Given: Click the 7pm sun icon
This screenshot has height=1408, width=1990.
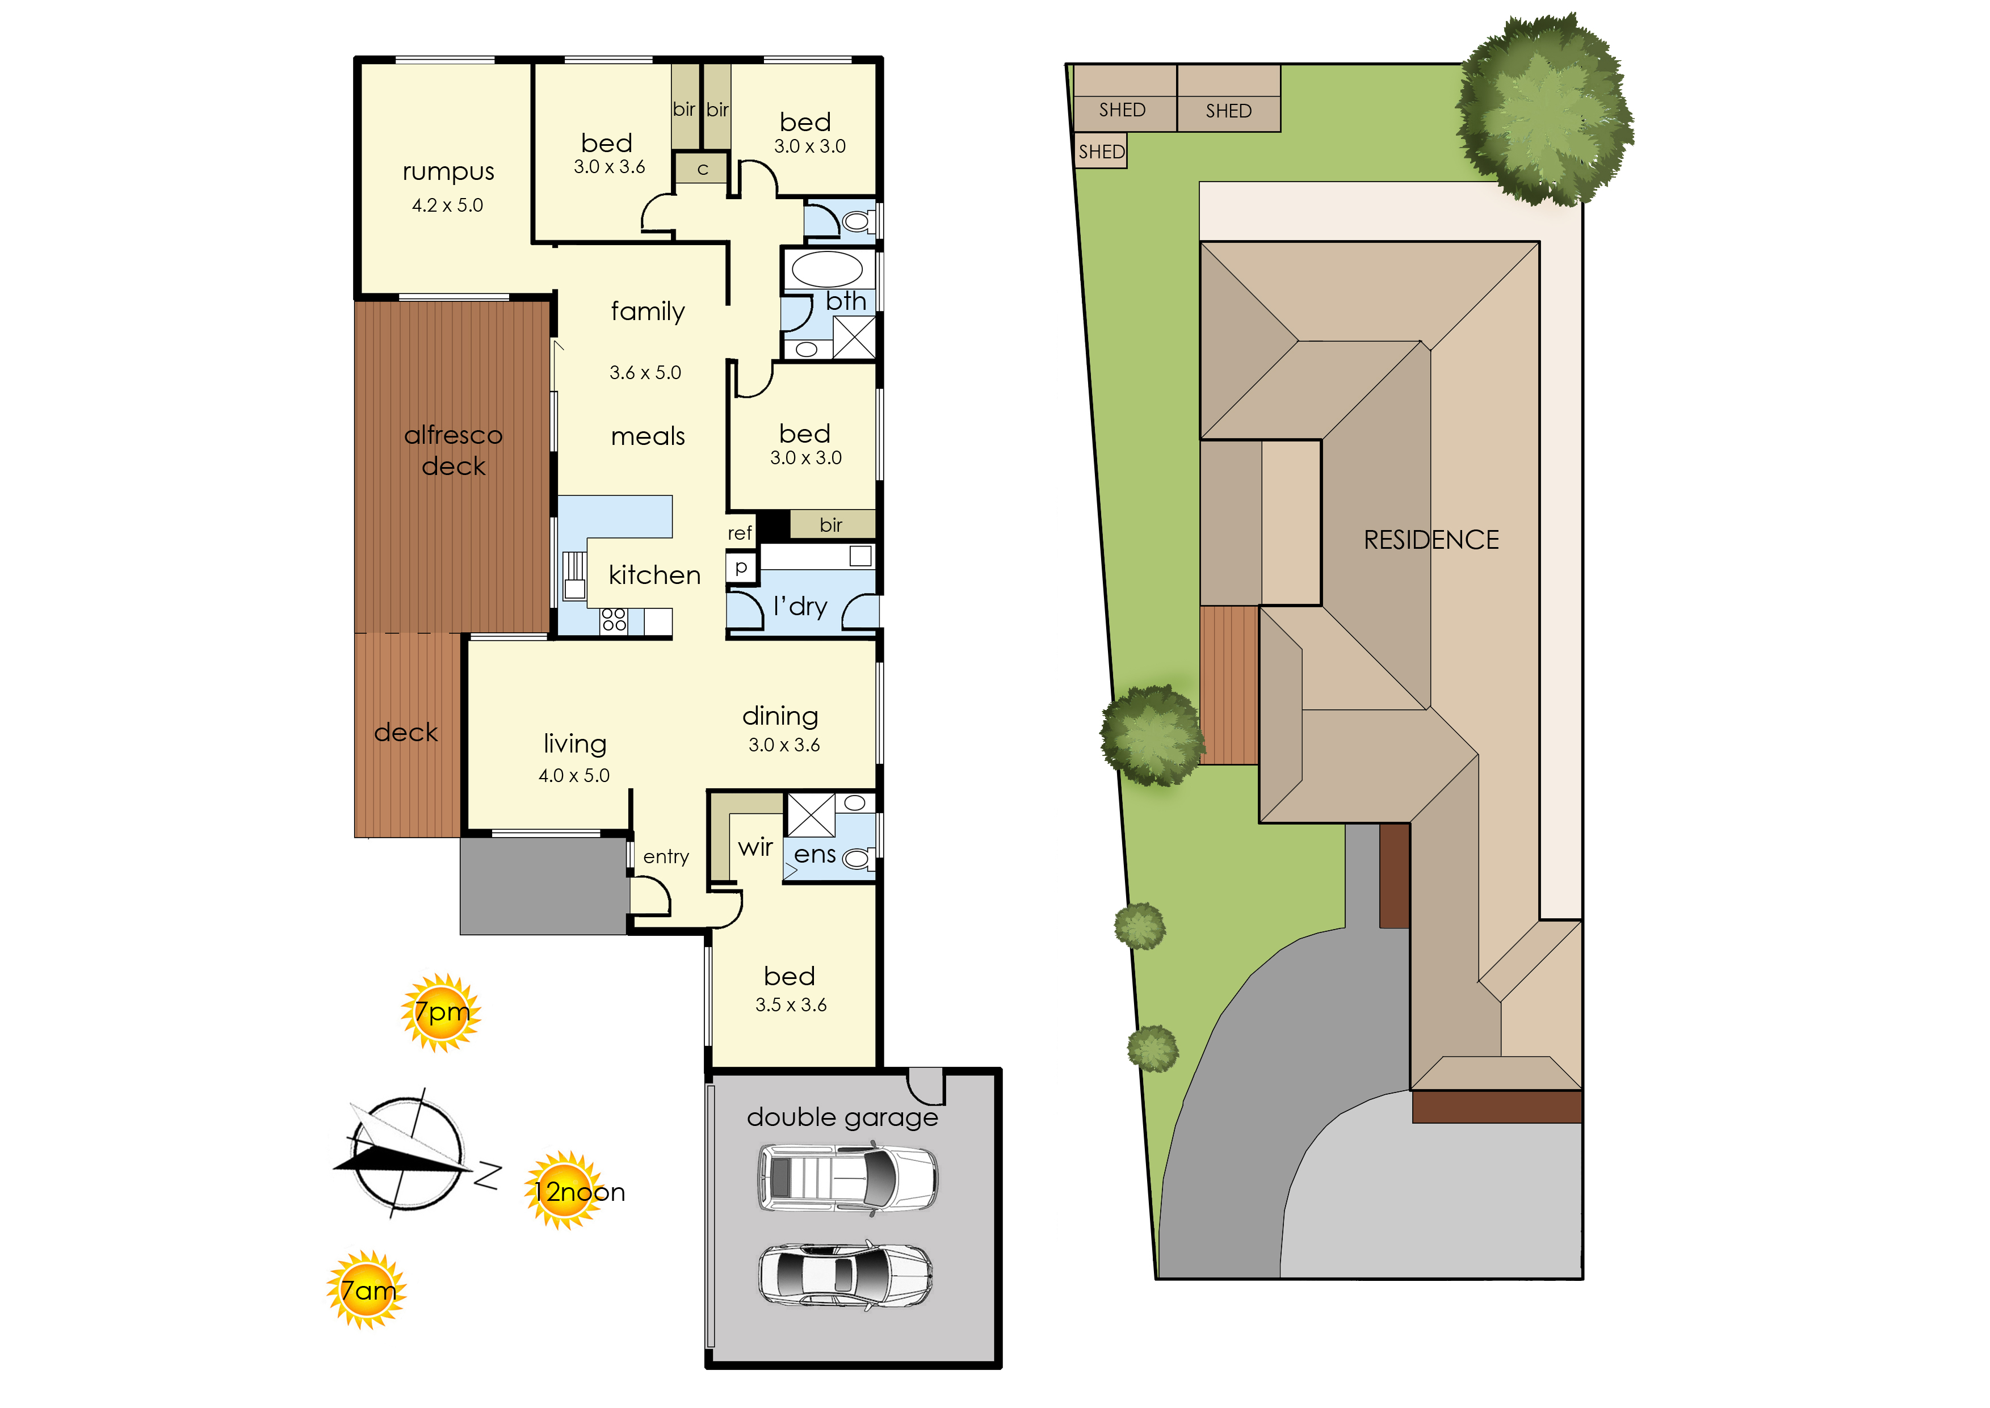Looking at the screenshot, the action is click(442, 1012).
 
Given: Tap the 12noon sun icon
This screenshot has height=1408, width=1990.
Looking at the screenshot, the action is click(565, 1191).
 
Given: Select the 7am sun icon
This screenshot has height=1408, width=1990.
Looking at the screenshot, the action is click(366, 1290).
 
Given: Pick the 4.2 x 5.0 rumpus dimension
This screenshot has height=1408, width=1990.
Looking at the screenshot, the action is click(447, 205).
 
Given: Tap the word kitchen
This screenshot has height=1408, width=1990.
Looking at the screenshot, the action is click(654, 575).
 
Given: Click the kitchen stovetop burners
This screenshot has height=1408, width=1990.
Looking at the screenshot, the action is click(614, 619).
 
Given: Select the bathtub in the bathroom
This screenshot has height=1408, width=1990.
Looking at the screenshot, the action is click(827, 270).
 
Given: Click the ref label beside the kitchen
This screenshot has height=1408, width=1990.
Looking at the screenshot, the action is click(740, 533).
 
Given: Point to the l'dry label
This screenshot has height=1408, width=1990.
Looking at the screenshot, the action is click(800, 606).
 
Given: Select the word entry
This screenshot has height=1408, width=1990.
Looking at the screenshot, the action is click(666, 856).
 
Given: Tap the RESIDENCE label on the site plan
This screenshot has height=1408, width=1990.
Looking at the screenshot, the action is click(1431, 540).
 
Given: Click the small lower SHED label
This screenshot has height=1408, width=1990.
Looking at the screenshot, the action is click(1101, 152).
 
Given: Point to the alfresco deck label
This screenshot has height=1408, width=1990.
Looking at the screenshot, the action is click(454, 450).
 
